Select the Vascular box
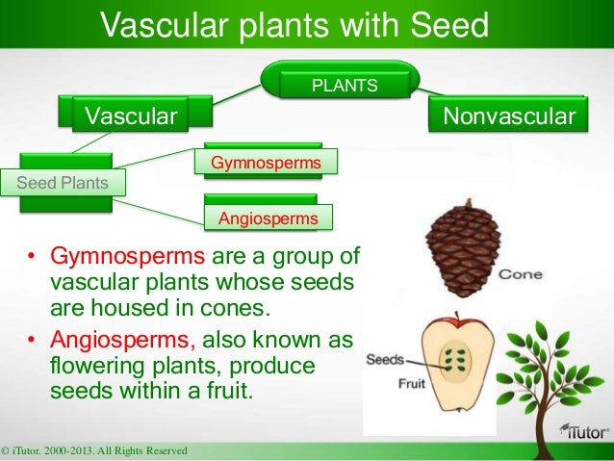(133, 117)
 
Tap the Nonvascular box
(508, 117)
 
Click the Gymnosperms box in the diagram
(266, 164)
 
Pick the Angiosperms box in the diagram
(269, 218)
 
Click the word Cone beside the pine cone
(521, 275)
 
